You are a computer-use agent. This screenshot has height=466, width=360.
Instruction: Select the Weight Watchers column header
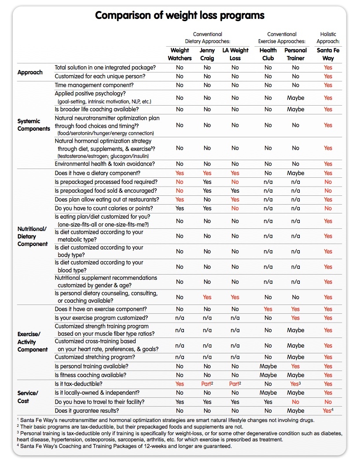pos(180,54)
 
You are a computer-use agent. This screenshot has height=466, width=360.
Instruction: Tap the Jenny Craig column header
pos(207,54)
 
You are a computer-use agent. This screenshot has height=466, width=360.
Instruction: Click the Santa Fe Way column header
pos(328,54)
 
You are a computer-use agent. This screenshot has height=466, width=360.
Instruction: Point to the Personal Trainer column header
pos(295,54)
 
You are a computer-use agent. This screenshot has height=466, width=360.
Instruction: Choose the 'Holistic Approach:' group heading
pos(328,38)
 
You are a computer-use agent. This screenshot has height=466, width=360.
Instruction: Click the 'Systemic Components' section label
pos(34,125)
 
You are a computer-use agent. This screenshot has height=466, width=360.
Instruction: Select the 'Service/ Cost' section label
pos(28,397)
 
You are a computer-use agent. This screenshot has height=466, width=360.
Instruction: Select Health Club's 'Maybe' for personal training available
pos(268,366)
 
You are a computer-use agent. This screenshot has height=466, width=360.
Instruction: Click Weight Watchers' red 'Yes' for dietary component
pos(180,173)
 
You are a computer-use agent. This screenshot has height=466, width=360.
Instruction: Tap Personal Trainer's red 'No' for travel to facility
pos(295,402)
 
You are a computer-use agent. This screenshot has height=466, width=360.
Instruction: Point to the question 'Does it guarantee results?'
pos(87,411)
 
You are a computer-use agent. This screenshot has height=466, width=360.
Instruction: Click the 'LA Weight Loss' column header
pos(235,54)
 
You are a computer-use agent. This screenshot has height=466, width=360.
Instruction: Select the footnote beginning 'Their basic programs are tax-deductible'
pos(125,426)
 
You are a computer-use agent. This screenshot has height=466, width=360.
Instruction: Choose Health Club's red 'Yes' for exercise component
pos(268,309)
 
